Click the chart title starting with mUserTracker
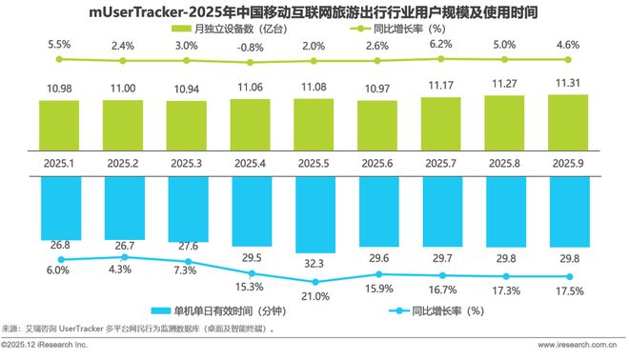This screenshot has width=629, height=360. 314,12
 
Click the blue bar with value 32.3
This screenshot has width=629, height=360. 314,213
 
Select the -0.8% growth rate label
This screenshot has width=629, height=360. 252,47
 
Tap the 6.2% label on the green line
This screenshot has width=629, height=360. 440,44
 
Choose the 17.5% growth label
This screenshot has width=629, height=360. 567,290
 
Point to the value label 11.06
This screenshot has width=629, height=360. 252,87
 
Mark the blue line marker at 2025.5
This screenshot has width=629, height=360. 314,282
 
